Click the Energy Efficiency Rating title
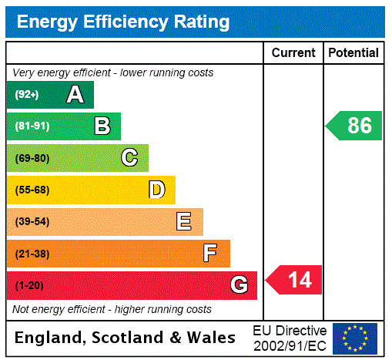click(123, 22)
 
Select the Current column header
click(293, 53)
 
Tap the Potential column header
click(353, 53)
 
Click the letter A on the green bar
click(75, 95)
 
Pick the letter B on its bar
click(102, 126)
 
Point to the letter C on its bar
click(129, 158)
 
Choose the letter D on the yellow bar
click(156, 190)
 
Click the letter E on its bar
click(184, 222)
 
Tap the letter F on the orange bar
click(210, 254)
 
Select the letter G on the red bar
click(239, 285)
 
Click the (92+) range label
click(26, 95)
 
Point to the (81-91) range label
click(32, 126)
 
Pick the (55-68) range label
click(32, 190)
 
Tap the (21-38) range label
click(32, 254)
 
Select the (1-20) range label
click(29, 285)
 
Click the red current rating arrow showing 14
click(295, 279)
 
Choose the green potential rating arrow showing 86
click(355, 126)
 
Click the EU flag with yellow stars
click(355, 338)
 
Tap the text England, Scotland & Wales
click(126, 338)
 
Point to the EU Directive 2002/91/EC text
click(290, 338)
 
